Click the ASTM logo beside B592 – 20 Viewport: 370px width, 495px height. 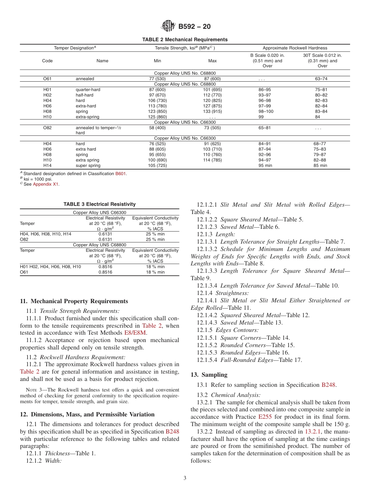click(x=168, y=27)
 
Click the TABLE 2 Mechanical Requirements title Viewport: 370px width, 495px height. click(x=185, y=40)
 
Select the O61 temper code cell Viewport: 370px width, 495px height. click(x=48, y=79)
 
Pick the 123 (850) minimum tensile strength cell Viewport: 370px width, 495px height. click(x=158, y=111)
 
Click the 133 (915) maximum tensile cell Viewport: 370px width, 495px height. click(x=212, y=111)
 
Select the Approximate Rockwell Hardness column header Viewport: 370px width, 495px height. click(x=295, y=48)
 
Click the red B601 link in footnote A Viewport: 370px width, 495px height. click(x=121, y=174)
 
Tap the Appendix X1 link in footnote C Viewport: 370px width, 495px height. click(x=46, y=184)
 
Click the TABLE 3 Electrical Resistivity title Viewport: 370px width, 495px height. click(x=100, y=204)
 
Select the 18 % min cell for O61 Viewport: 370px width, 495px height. click(x=155, y=272)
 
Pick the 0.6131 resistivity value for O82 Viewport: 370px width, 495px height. click(x=105, y=239)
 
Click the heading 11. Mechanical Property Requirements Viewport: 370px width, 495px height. click(x=74, y=301)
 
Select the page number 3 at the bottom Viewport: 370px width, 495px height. click(x=185, y=478)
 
